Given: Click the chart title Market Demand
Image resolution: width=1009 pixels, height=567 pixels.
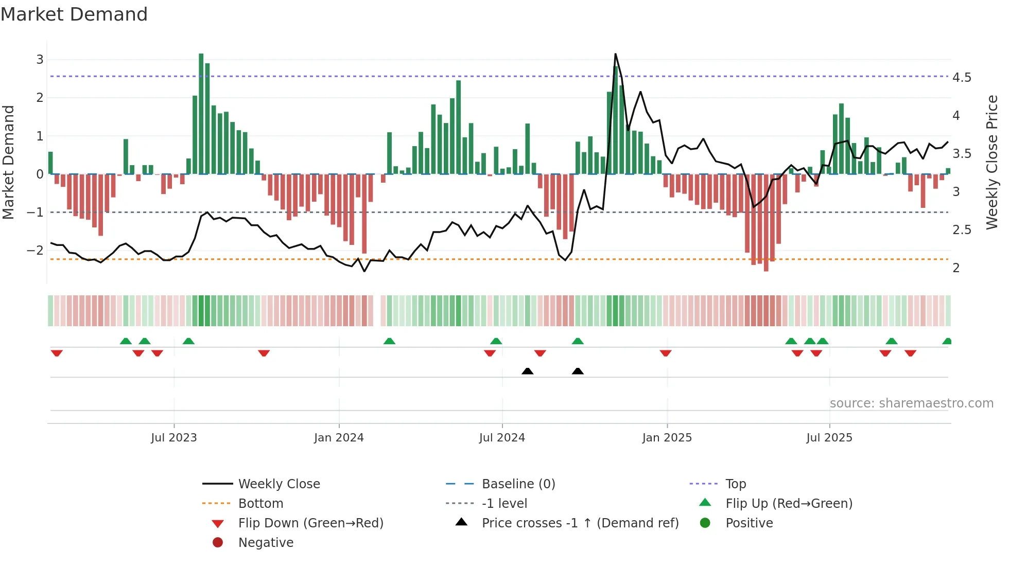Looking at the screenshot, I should tap(74, 14).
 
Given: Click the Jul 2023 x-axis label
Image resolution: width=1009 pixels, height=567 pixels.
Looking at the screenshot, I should tap(174, 438).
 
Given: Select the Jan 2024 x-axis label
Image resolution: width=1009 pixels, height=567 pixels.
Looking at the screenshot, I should tap(339, 438).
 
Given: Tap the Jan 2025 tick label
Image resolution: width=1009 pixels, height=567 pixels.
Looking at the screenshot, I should tap(667, 438).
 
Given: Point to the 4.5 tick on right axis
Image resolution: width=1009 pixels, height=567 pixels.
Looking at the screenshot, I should tap(962, 78).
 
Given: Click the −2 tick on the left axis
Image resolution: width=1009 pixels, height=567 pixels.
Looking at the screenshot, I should tap(35, 251).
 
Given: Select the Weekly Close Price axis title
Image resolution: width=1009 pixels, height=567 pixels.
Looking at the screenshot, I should tap(991, 162).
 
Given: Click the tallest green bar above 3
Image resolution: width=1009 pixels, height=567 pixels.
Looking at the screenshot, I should tap(201, 113).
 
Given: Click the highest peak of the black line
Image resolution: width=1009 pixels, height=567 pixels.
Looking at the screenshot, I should tap(615, 55).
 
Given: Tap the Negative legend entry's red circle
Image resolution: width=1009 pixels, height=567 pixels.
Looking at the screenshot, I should tap(218, 543).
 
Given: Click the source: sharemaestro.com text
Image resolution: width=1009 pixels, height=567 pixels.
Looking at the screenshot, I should tap(911, 403).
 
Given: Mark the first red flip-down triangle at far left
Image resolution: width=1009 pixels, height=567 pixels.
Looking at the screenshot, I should tap(57, 353).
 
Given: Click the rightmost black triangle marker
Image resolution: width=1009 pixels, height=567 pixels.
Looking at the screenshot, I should tap(578, 371).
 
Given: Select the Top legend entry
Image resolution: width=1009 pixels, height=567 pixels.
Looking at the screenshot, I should tap(735, 484).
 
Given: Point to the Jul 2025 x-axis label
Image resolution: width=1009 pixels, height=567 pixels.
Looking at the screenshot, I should tap(829, 438).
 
